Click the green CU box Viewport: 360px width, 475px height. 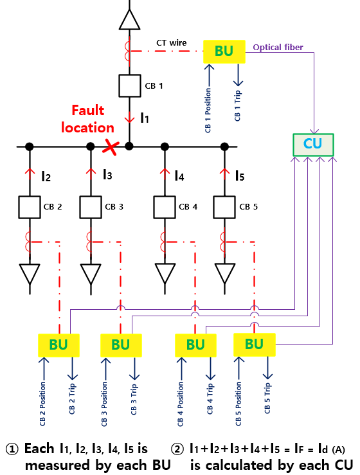[x=313, y=145]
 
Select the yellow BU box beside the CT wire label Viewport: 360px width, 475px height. [x=224, y=51]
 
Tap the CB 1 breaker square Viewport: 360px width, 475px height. [x=130, y=85]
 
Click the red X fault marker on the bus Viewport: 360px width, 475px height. [x=111, y=147]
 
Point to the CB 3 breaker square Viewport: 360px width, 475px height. [x=91, y=207]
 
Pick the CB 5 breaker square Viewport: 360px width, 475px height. [x=224, y=207]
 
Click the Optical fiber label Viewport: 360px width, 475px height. [x=278, y=48]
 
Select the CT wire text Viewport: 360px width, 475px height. [x=171, y=42]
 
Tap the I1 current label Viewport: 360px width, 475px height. [x=145, y=118]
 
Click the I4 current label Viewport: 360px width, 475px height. [x=179, y=175]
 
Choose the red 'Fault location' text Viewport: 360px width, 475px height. [x=87, y=119]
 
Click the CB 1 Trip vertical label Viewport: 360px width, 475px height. [x=238, y=105]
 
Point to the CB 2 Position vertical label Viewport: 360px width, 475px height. [x=42, y=404]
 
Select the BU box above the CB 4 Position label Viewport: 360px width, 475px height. [x=196, y=345]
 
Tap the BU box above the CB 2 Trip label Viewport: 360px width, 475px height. [x=59, y=345]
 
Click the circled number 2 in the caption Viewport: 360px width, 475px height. [x=177, y=449]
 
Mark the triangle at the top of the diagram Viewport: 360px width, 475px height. [x=130, y=19]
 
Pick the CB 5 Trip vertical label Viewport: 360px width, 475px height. [x=267, y=398]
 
